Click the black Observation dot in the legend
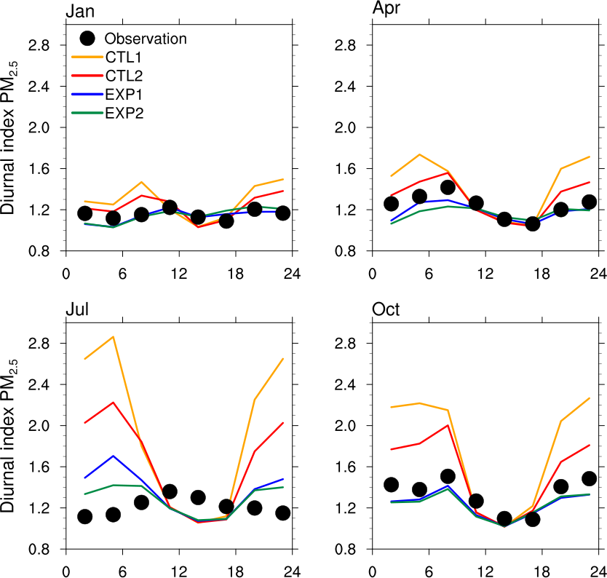87,38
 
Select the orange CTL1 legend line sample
86,56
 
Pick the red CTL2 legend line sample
86,75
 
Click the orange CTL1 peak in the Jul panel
113,336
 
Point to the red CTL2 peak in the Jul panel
113,403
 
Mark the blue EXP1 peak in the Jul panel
113,456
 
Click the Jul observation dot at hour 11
170,492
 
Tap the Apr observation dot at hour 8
448,187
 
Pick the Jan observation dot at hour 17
226,221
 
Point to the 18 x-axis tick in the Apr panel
541,273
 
